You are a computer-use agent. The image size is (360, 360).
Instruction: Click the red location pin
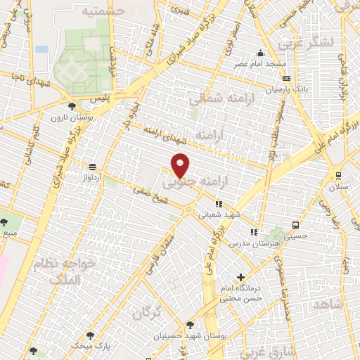click(181, 166)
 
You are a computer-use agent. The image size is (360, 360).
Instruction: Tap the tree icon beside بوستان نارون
click(72, 105)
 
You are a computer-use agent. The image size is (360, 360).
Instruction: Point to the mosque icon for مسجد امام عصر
click(261, 53)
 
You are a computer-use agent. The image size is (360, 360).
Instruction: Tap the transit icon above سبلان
click(339, 176)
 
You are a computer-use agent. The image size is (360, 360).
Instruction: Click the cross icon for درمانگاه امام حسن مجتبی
click(241, 277)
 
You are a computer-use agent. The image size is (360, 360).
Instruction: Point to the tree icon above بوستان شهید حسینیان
click(190, 325)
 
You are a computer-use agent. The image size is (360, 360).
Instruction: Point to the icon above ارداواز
click(93, 167)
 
